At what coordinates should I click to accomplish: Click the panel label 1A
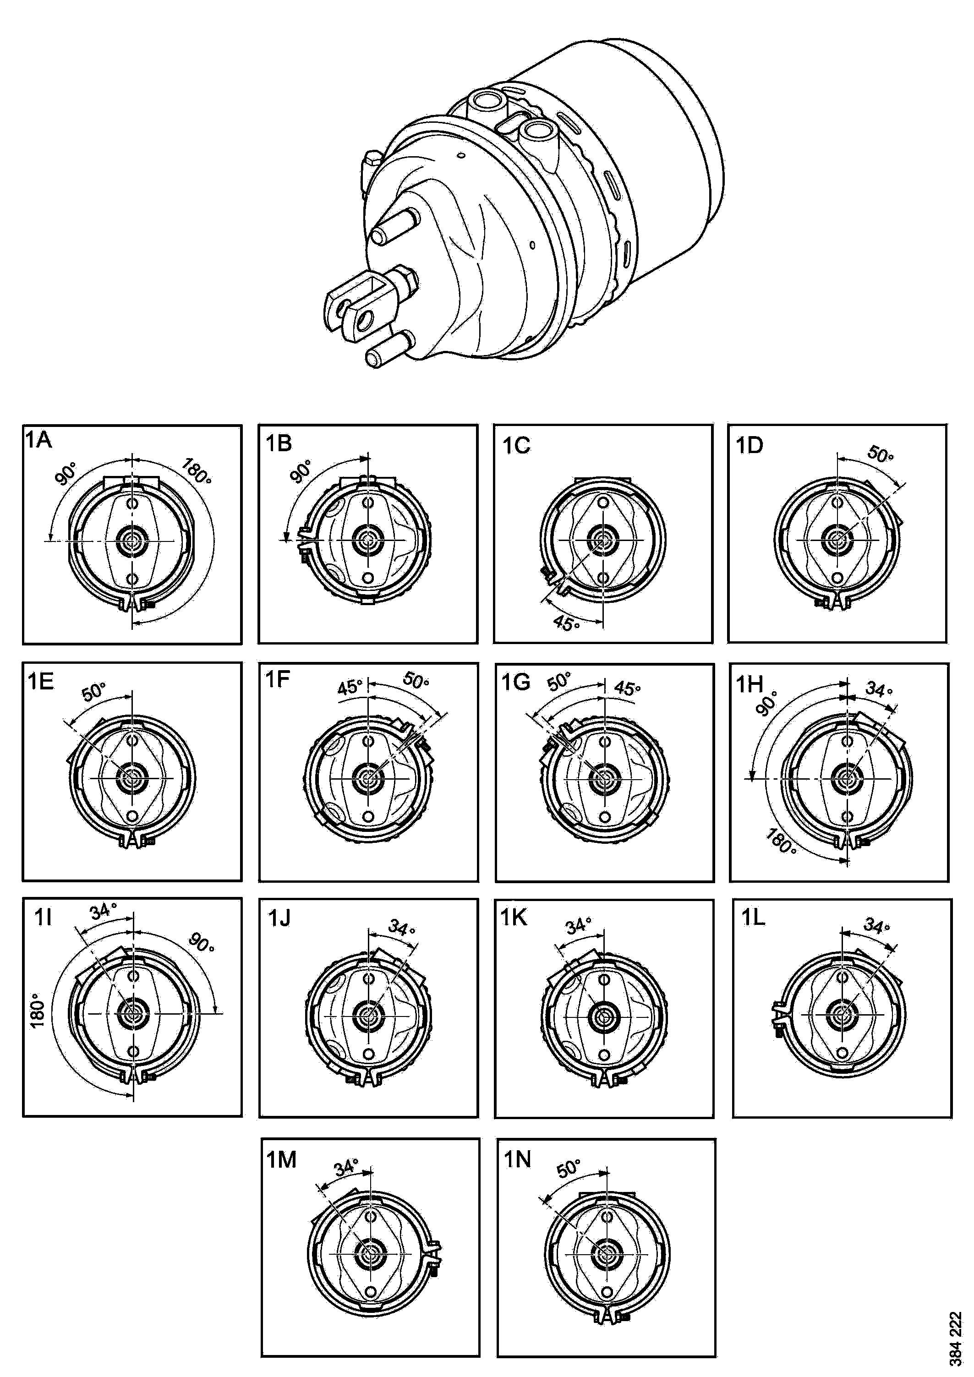coord(38,440)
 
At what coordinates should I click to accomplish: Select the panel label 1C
coord(516,446)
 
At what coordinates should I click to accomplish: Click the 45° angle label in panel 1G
coord(627,688)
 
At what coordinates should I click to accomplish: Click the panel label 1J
coord(279,918)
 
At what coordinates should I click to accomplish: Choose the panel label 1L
coord(753,918)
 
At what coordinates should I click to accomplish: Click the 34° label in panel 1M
coord(346,1167)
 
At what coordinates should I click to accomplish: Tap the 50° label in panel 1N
coord(569,1168)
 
